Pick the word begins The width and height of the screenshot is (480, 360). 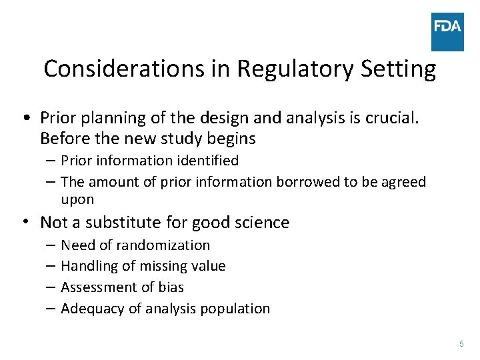tap(232, 139)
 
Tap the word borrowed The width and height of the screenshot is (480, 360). tap(308, 182)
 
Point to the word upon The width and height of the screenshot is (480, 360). tap(77, 199)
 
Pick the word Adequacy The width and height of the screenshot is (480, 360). tap(87, 309)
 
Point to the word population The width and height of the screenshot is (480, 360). tap(237, 309)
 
